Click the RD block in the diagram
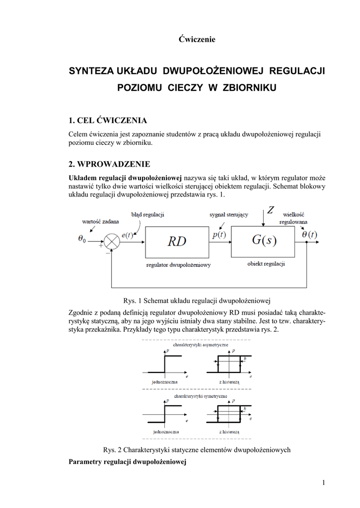pos(177,242)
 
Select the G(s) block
pos(264,242)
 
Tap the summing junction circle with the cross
pos(112,242)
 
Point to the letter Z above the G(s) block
pos(271,210)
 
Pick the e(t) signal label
pos(128,236)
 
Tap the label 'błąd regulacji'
pos(147,214)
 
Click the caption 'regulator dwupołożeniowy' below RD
pos(178,265)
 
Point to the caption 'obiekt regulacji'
pos(266,264)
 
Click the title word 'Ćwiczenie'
pos(197,40)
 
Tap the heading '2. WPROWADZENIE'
pos(109,164)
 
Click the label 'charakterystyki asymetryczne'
pos(199,344)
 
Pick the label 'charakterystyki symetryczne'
pos(200,396)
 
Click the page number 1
pos(323,483)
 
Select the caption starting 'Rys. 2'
pos(197,450)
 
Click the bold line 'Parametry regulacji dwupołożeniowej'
pos(127,461)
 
